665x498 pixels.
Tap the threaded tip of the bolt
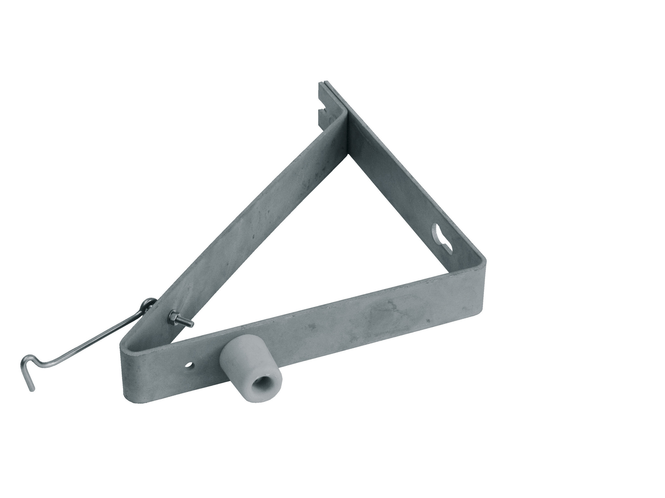[190, 333]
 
